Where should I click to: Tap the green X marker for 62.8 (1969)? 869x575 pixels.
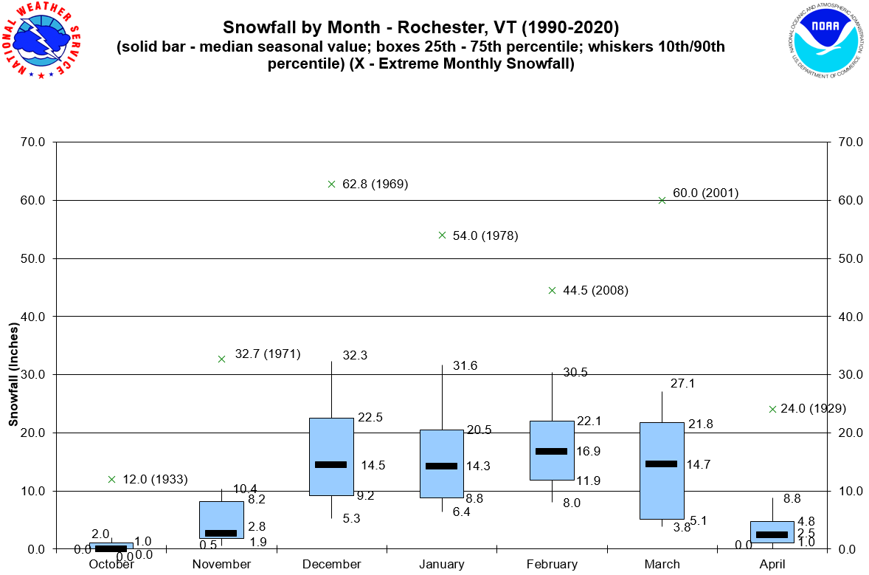pos(331,184)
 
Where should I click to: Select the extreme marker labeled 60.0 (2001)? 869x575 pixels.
pos(662,200)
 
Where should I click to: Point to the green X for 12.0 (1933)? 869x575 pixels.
pos(111,479)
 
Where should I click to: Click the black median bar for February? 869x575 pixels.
pos(551,451)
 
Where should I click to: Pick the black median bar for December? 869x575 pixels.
pos(330,464)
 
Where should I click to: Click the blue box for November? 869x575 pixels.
pos(221,520)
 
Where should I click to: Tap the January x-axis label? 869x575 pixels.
pos(442,565)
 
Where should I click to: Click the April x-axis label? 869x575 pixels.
pos(772,565)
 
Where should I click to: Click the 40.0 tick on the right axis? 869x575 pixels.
pos(844,317)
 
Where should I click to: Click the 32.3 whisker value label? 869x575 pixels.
pos(355,355)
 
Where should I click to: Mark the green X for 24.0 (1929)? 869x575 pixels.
pos(772,409)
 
